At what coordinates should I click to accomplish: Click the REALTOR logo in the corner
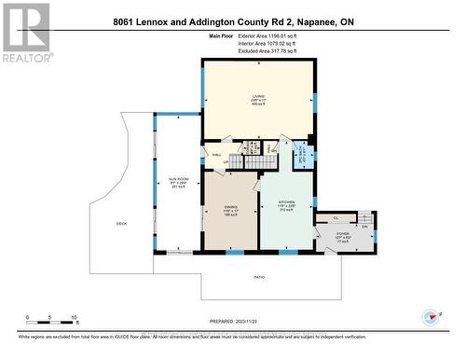25,32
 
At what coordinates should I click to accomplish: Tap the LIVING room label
257,97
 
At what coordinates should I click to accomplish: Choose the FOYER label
343,234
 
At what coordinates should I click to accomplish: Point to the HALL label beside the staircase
216,155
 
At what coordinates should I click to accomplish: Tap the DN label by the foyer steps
365,227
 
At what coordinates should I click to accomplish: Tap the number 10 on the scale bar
74,318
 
